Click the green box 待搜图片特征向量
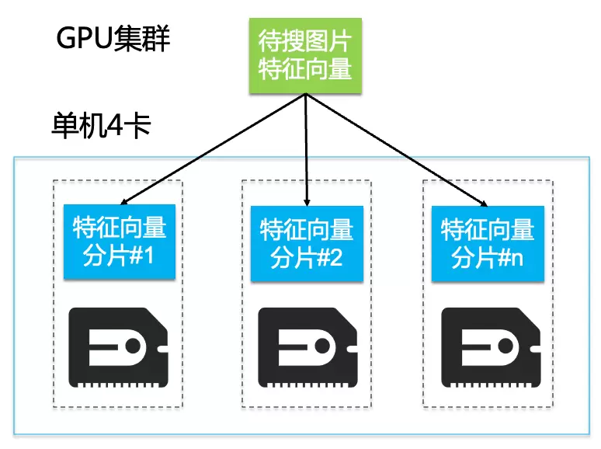pos(305,57)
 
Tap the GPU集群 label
pos(113,38)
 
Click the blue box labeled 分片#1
pos(120,242)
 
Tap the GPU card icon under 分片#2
pos(307,348)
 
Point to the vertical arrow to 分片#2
pos(307,148)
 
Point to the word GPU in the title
pos(78,39)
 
